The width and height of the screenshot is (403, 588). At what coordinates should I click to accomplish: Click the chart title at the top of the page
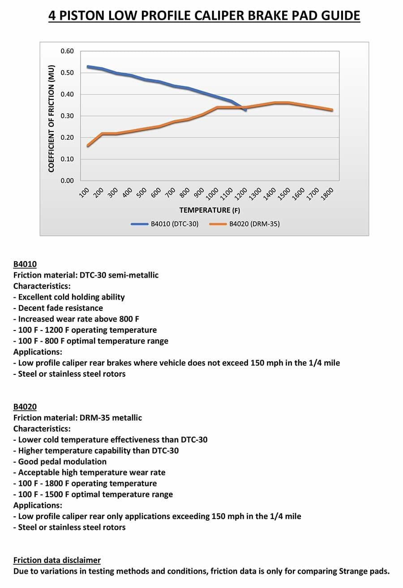204,16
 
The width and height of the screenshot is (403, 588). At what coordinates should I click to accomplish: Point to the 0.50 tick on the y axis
67,73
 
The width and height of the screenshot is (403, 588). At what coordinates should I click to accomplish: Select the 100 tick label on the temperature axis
84,193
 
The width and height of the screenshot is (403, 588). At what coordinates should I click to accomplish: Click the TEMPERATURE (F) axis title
210,210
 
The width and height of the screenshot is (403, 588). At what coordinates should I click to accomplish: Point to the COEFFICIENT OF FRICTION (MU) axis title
51,118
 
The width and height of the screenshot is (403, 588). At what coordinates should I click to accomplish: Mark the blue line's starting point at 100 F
88,67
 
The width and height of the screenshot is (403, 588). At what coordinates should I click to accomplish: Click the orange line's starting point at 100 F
88,146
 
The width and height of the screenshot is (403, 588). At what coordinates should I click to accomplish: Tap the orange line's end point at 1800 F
332,110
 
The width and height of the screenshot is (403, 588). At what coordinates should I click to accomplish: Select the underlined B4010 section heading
25,264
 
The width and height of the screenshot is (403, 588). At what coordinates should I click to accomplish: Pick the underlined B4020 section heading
25,407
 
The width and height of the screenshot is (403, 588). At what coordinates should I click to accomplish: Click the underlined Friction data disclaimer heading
57,560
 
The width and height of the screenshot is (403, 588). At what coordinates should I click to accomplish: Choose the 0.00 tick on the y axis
67,181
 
